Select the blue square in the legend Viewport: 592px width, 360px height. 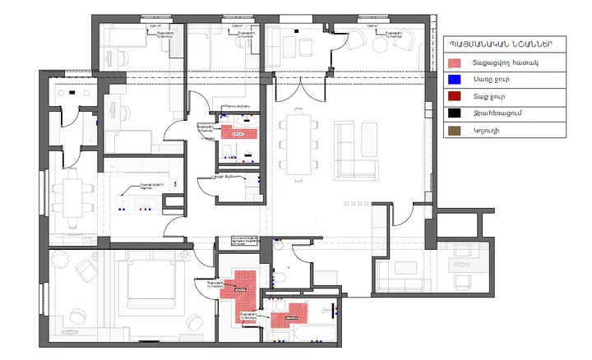pyautogui.click(x=453, y=80)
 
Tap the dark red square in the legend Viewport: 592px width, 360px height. pyautogui.click(x=453, y=96)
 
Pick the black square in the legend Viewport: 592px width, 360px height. pyautogui.click(x=453, y=113)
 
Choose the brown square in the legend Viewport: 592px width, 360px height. pyautogui.click(x=453, y=130)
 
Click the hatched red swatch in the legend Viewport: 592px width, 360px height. pyautogui.click(x=453, y=62)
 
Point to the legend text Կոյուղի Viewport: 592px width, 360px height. pyautogui.click(x=485, y=130)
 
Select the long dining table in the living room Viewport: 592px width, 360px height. pyautogui.click(x=295, y=144)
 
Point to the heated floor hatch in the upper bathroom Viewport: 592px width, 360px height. pyautogui.click(x=238, y=132)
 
